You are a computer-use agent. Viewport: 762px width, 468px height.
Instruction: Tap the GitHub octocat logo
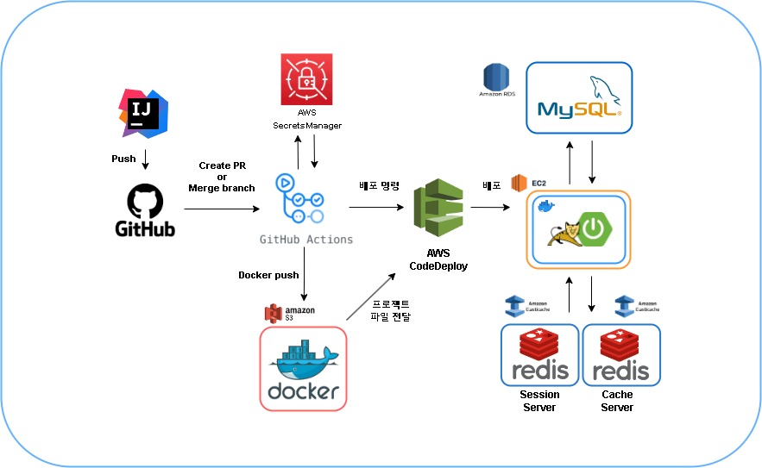point(145,203)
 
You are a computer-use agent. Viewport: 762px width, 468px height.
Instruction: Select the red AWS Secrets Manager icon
point(306,82)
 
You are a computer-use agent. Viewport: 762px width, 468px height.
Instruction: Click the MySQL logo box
point(579,97)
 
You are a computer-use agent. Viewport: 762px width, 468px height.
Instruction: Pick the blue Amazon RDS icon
point(497,78)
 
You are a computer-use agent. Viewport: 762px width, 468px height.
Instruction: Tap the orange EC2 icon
point(519,184)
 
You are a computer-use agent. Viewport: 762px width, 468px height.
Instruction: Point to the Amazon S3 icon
point(276,312)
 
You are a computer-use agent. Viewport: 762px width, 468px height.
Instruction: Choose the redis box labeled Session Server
point(540,355)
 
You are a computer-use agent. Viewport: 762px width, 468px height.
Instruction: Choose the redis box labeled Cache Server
point(621,355)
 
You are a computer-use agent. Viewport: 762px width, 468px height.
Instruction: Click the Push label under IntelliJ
point(124,159)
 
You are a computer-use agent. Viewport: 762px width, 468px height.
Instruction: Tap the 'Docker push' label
point(268,275)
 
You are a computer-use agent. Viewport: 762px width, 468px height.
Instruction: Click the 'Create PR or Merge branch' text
point(222,177)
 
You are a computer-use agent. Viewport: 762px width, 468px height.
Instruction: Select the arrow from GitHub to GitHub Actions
point(222,209)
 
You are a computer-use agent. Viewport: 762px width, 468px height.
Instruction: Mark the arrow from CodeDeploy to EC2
point(489,208)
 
